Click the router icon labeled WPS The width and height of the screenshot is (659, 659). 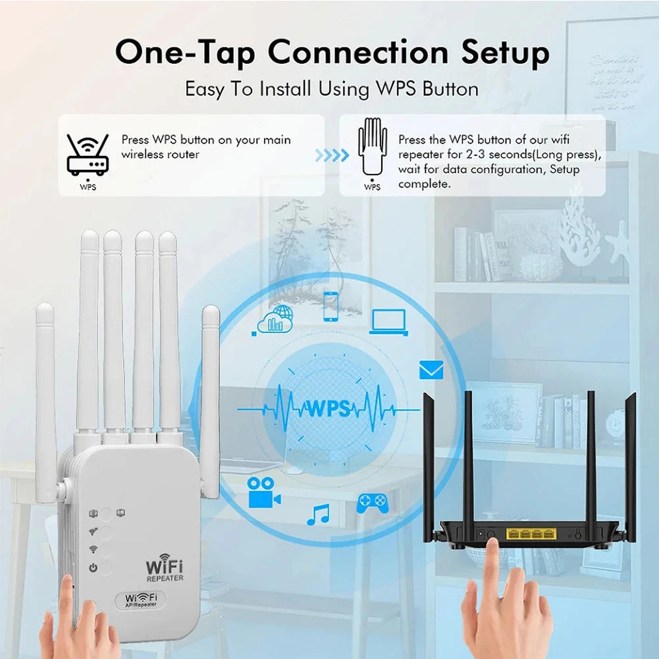[x=88, y=155]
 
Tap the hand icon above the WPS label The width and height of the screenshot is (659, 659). [x=372, y=148]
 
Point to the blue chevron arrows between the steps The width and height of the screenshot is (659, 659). [x=332, y=156]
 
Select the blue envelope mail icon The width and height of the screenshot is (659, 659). [x=431, y=370]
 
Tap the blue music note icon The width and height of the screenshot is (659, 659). [x=318, y=514]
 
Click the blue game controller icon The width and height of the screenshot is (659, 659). [x=372, y=503]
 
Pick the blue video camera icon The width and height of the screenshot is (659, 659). [x=263, y=492]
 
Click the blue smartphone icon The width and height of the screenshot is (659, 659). [x=330, y=306]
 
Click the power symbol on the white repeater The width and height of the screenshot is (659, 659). [x=93, y=567]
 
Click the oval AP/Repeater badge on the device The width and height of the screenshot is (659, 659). [x=142, y=600]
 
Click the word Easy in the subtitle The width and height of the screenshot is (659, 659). [x=207, y=88]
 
